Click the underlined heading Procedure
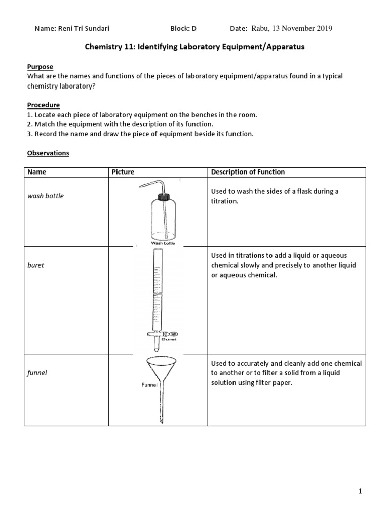click(43, 105)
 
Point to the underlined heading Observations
click(48, 153)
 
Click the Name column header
click(36, 172)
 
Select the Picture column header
click(123, 172)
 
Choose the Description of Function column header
click(248, 172)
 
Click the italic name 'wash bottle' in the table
click(46, 196)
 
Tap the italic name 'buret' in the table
click(35, 265)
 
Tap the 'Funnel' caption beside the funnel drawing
click(150, 385)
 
